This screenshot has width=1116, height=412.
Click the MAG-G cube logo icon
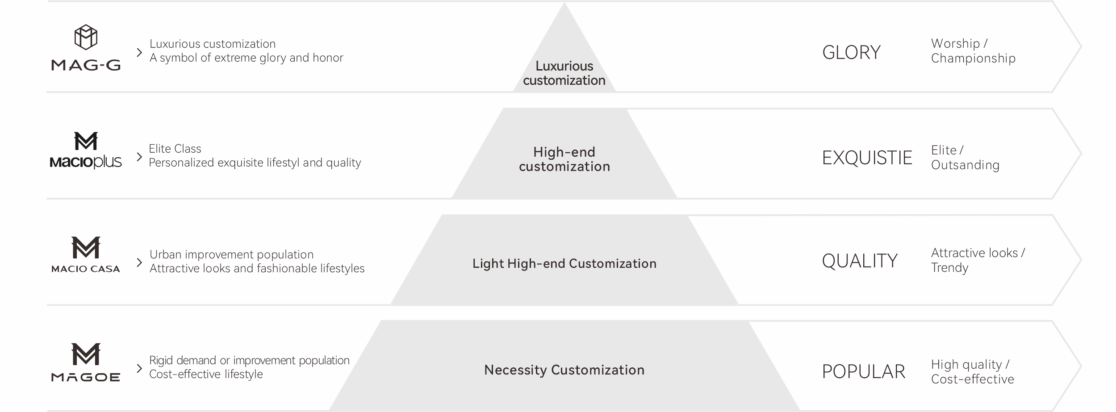tap(86, 37)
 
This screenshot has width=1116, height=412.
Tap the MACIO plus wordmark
tap(86, 162)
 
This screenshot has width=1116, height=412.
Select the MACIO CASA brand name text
tap(86, 269)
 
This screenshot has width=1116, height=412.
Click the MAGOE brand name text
tap(86, 377)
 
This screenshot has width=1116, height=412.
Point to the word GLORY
tap(851, 53)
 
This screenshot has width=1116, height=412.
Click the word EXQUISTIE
tap(867, 158)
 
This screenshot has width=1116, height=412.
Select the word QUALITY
tap(860, 261)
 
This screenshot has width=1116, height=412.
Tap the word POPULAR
tap(863, 372)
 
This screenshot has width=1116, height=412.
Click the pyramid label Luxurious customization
tap(564, 73)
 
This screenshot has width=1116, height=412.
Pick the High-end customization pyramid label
tap(564, 159)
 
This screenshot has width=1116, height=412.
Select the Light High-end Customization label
tap(564, 264)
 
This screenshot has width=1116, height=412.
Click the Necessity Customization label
tap(564, 370)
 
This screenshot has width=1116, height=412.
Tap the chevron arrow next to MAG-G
tap(139, 53)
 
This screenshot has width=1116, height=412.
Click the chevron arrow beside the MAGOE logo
tap(139, 368)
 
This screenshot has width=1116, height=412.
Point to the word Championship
tap(973, 58)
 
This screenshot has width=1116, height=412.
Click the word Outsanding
tap(965, 165)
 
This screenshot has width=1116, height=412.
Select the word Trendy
tap(949, 268)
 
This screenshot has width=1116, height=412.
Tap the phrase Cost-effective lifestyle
tap(206, 374)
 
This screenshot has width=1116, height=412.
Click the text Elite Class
tap(175, 149)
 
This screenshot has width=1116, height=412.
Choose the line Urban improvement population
tap(231, 254)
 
